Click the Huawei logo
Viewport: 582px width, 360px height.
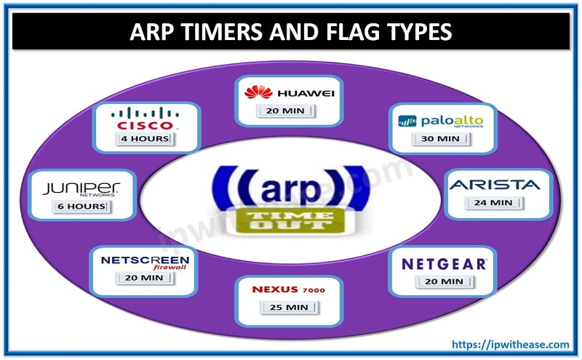(279, 92)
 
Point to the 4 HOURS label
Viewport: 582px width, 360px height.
(145, 138)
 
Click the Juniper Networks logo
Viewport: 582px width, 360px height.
(81, 189)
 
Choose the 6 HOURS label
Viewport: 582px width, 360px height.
(82, 207)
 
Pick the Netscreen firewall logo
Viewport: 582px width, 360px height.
(145, 263)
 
